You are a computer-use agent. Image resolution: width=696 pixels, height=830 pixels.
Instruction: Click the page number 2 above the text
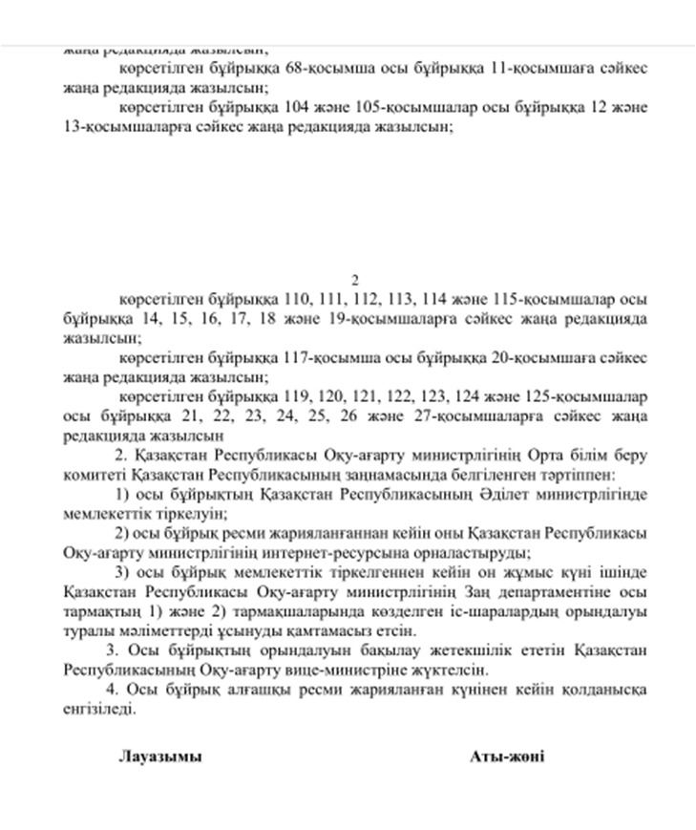pos(354,279)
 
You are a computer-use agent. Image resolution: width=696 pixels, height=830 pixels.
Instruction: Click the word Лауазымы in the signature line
pos(160,756)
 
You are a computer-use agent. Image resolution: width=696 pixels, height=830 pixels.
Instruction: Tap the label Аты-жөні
pos(507,756)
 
